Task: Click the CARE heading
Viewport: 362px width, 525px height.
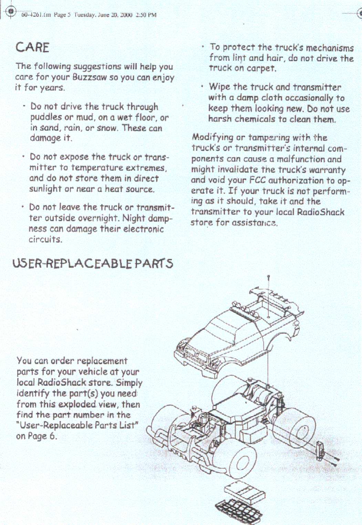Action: [x=32, y=47]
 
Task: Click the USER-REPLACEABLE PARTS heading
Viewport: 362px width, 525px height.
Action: [x=93, y=264]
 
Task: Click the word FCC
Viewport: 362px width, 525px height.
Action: [x=257, y=180]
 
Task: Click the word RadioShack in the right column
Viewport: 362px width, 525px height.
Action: [x=320, y=212]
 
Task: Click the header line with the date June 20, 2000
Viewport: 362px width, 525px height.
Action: [x=89, y=15]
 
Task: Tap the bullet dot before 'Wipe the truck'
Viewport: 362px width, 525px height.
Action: [x=202, y=86]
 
